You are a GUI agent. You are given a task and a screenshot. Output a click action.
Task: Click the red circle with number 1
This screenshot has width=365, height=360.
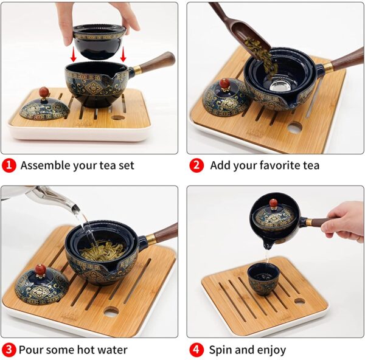click(9, 165)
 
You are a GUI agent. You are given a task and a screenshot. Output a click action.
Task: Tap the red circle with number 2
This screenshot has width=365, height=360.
click(196, 165)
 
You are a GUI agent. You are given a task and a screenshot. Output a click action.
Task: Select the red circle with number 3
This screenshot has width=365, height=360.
click(9, 350)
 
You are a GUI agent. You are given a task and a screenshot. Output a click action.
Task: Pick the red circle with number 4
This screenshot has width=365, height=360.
click(196, 350)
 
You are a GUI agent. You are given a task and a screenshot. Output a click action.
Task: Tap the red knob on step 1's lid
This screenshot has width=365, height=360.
click(43, 92)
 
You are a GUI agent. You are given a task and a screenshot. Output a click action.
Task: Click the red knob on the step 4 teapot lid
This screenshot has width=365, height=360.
click(273, 202)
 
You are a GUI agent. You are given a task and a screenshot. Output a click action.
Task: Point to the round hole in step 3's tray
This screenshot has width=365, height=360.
click(111, 311)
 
